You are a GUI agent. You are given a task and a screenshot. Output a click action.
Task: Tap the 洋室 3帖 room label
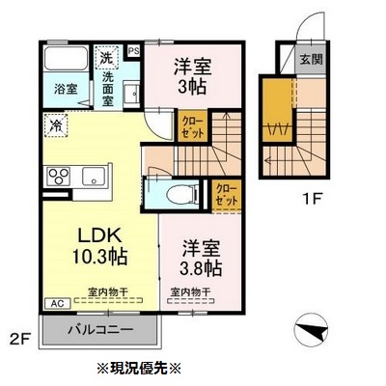coord(190,75)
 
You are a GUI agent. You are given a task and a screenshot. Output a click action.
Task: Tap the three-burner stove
coord(58,177)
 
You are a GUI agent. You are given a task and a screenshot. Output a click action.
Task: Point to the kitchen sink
coord(95,177)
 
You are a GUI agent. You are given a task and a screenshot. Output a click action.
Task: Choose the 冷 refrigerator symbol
coord(56,125)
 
